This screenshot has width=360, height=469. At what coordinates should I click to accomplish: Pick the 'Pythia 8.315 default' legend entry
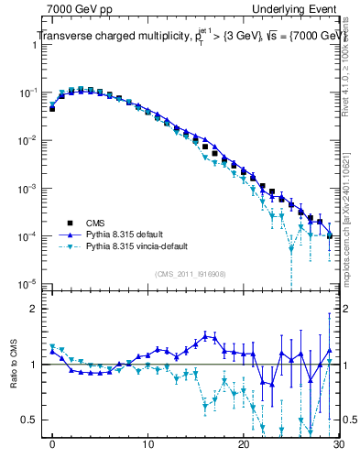click(128, 234)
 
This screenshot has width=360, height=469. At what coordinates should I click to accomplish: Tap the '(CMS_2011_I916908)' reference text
click(191, 274)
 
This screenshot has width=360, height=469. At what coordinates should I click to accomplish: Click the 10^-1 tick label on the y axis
click(29, 93)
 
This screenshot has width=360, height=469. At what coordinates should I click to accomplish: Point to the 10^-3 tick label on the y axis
click(29, 189)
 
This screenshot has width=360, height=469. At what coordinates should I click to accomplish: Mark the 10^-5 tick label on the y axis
click(29, 284)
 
